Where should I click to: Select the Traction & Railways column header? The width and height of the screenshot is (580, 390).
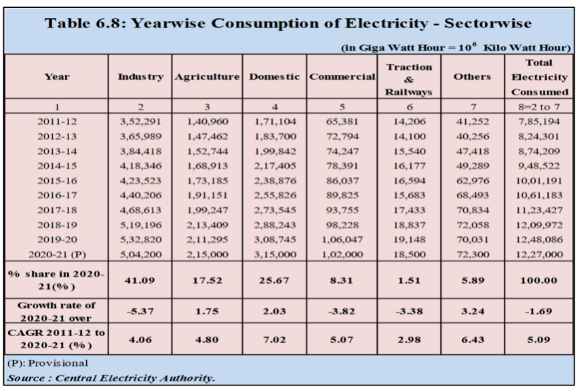pyautogui.click(x=409, y=79)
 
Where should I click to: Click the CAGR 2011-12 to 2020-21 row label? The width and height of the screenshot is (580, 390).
pyautogui.click(x=57, y=340)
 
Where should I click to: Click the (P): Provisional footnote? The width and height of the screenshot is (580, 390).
pyautogui.click(x=40, y=363)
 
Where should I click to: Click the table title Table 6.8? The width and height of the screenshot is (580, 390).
pyautogui.click(x=290, y=23)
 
